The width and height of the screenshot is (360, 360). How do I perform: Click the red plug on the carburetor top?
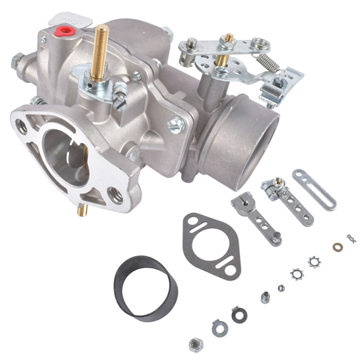pos(62,30)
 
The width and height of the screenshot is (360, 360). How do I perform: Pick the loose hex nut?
pos(194,344)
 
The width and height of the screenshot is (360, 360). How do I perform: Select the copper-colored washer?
pos(338,247)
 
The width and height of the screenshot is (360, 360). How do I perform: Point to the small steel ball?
pos(281,288)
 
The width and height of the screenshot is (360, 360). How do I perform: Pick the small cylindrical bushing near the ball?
pos(265,297)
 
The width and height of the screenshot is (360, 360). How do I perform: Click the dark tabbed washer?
pos(238,313)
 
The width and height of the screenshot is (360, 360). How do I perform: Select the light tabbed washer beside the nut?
pos(218,328)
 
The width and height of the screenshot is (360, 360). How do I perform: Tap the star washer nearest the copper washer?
pos(314,262)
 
